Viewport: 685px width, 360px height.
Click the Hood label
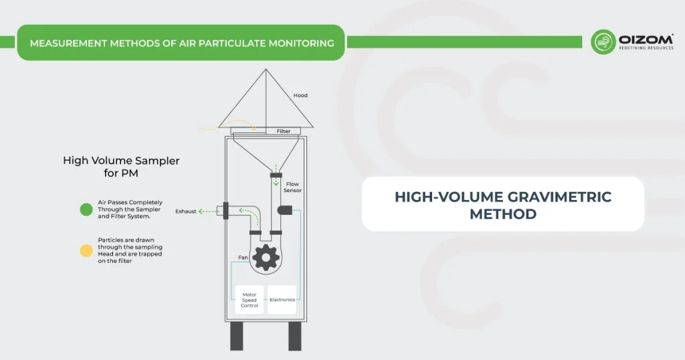pos(300,96)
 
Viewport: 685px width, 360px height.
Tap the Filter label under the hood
pos(284,131)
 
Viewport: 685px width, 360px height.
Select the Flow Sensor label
pos(293,187)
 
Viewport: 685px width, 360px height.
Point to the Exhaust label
pos(186,211)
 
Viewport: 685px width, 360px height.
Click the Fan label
pos(243,257)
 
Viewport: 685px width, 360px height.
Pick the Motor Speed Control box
pos(249,300)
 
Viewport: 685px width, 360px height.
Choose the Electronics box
pos(282,300)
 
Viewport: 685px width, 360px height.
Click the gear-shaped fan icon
pos(266,257)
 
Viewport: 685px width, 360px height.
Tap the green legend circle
pos(86,209)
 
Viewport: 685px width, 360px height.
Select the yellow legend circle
pos(86,251)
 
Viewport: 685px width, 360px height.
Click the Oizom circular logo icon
pos(603,41)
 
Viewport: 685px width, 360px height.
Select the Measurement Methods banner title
pos(182,43)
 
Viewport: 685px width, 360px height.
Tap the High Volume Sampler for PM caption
pos(121,167)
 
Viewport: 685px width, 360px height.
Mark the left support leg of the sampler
pos(236,337)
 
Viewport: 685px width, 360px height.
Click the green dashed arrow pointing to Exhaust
pos(209,211)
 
